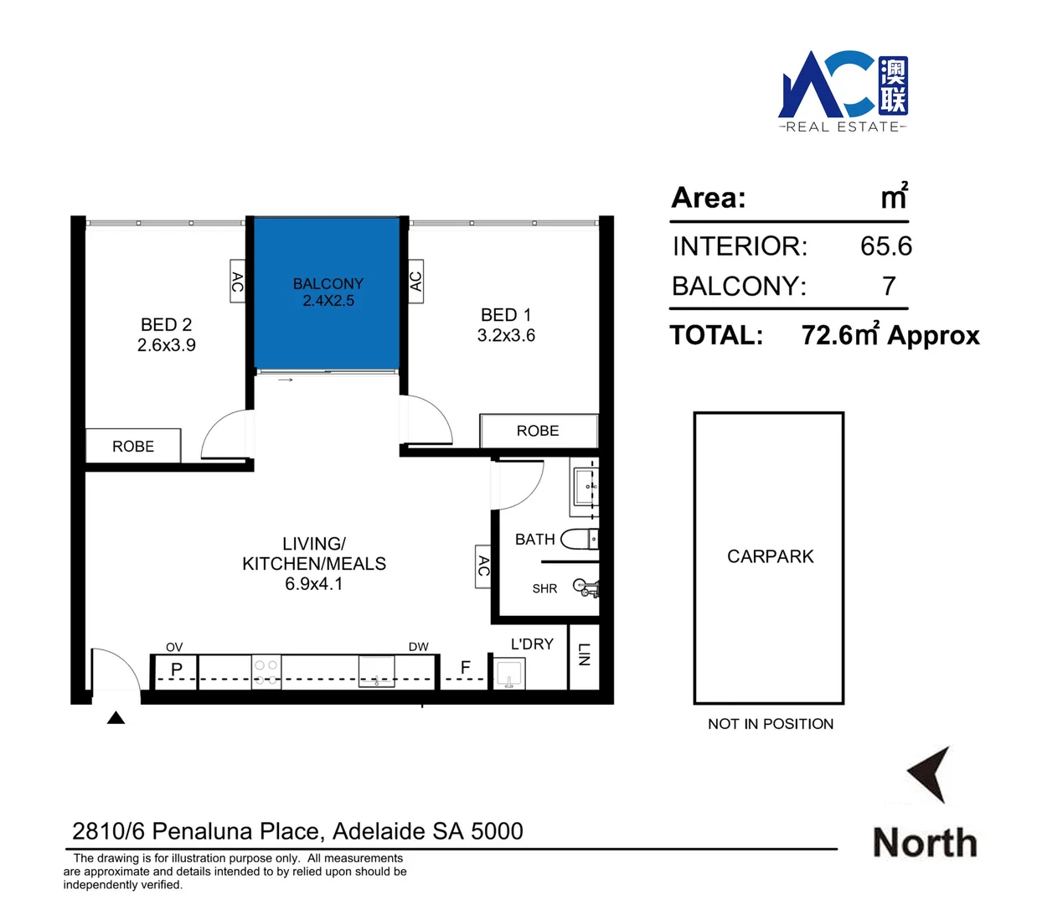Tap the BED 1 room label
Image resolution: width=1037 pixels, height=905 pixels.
[x=506, y=315]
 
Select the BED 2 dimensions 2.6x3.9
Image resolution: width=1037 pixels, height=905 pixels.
[x=167, y=345]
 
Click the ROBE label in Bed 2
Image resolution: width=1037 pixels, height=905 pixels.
[x=133, y=447]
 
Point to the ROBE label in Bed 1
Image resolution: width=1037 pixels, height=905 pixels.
[x=538, y=431]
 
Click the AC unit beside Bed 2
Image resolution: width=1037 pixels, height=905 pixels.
[x=237, y=282]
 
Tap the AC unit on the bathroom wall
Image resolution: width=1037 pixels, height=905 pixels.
[x=482, y=567]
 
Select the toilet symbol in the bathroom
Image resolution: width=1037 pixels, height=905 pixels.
[x=578, y=539]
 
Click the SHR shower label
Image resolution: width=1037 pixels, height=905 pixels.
[x=544, y=589]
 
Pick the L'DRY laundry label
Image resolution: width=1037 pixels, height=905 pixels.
[x=532, y=644]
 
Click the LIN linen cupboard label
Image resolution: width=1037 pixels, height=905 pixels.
[x=585, y=654]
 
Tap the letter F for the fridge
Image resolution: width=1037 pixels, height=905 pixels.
[x=466, y=667]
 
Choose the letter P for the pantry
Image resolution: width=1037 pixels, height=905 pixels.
[x=177, y=670]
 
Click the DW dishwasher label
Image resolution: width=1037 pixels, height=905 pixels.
[x=419, y=647]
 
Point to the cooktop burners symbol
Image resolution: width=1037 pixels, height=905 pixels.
[x=266, y=672]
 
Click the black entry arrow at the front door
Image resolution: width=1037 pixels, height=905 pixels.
[x=116, y=717]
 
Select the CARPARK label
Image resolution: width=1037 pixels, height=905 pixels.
[x=770, y=556]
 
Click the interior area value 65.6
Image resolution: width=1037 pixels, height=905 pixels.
[x=885, y=246]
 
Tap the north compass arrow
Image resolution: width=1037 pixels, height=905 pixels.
[x=931, y=773]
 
